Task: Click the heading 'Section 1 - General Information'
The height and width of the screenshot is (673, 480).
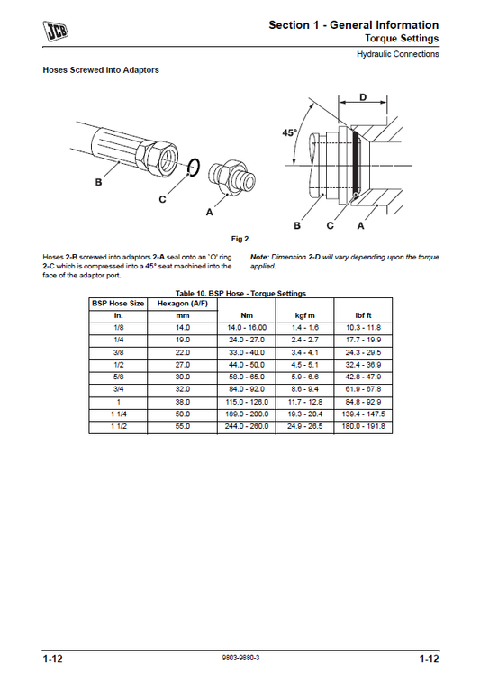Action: tap(353, 25)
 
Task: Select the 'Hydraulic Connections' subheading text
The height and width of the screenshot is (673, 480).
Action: tap(396, 54)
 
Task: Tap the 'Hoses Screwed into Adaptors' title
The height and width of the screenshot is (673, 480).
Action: tap(101, 70)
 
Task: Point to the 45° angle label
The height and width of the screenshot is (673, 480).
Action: tap(289, 132)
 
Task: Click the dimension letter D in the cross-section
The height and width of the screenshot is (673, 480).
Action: tap(363, 96)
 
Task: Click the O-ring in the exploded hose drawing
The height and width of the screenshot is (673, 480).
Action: tap(192, 166)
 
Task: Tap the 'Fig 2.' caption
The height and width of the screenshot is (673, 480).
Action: tap(240, 239)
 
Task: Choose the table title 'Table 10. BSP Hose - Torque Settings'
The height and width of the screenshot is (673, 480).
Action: tap(240, 293)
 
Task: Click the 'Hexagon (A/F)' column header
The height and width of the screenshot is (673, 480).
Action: tap(183, 304)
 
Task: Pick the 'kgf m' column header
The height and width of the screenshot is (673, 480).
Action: tap(306, 316)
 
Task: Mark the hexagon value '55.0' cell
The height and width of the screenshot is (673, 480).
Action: tap(183, 426)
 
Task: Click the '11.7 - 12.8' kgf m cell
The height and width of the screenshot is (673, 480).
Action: tap(306, 401)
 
